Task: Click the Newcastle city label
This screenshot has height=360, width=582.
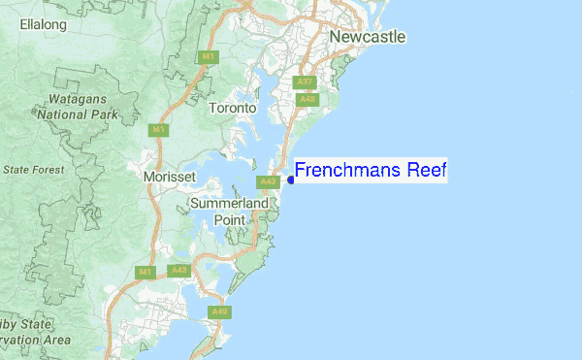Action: click(367, 37)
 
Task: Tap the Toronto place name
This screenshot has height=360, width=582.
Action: click(233, 109)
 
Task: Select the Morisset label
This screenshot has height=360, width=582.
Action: click(169, 178)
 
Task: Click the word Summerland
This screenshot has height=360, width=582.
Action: click(229, 205)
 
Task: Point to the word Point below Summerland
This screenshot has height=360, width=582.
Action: click(230, 220)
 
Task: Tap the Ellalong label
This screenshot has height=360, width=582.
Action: click(43, 23)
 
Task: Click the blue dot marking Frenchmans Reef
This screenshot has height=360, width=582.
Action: click(290, 180)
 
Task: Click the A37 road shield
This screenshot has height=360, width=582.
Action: click(306, 82)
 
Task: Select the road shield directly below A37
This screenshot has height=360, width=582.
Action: click(308, 99)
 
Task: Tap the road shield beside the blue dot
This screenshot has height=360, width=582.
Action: click(269, 181)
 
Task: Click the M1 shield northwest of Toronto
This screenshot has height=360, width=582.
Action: click(208, 57)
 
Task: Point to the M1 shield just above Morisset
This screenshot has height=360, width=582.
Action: click(156, 128)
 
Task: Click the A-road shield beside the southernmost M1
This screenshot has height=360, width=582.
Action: click(178, 271)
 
